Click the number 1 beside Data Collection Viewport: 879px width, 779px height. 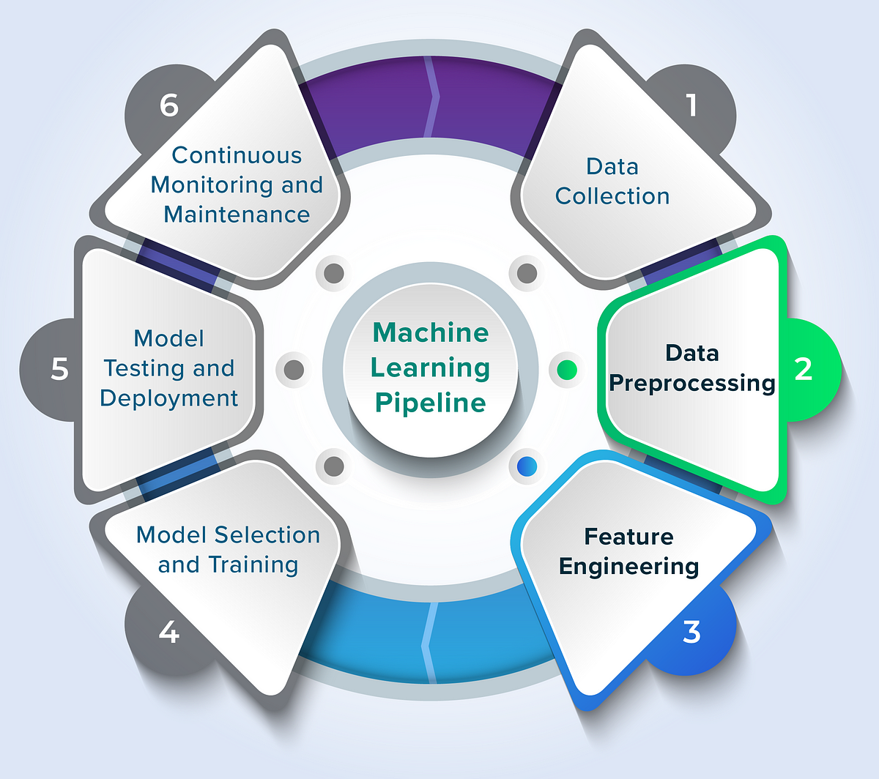(691, 105)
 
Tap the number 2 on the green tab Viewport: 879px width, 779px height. (804, 369)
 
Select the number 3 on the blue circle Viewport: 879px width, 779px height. (691, 632)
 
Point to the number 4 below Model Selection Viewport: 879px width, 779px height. (168, 632)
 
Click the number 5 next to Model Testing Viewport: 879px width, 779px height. (59, 369)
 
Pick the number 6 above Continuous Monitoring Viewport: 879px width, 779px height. (168, 105)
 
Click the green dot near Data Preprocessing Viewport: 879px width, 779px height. (567, 370)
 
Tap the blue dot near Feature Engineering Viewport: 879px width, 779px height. (527, 466)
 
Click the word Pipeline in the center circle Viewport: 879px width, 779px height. (431, 403)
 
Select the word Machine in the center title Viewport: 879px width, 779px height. (431, 332)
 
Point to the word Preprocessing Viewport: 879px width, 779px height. (692, 383)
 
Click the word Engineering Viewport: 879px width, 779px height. (628, 566)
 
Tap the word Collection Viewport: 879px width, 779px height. (612, 196)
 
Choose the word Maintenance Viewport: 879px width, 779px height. (237, 215)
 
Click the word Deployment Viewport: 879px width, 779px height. (169, 398)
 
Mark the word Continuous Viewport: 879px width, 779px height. (237, 155)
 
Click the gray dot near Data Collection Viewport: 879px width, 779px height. (527, 273)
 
